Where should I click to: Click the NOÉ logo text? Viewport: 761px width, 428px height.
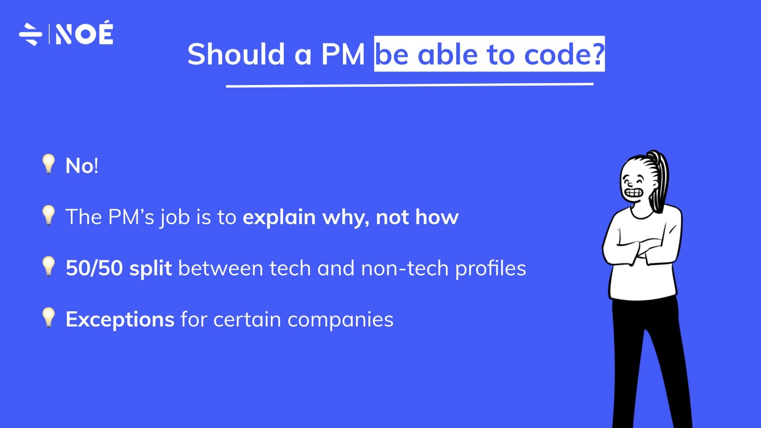(x=84, y=34)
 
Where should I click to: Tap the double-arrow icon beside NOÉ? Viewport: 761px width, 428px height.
(x=30, y=34)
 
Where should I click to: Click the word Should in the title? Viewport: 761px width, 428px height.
(x=236, y=55)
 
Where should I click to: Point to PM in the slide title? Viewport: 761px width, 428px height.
(x=343, y=55)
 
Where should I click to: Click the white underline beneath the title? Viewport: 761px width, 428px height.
(x=410, y=85)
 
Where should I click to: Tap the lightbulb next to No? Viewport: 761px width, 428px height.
(x=48, y=164)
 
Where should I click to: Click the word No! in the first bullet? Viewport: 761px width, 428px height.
(x=82, y=166)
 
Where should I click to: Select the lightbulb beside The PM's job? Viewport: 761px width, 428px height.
(x=48, y=215)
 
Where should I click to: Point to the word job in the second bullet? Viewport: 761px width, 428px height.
(x=175, y=218)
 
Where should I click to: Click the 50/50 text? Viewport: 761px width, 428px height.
(x=94, y=268)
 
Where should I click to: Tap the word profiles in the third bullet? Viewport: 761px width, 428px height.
(x=491, y=268)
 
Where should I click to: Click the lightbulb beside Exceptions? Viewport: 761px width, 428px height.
(x=48, y=318)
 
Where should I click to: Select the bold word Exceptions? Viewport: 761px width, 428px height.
(x=120, y=320)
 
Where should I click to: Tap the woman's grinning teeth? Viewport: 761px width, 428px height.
(x=634, y=193)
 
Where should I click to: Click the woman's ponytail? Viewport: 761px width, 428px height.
(x=660, y=179)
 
